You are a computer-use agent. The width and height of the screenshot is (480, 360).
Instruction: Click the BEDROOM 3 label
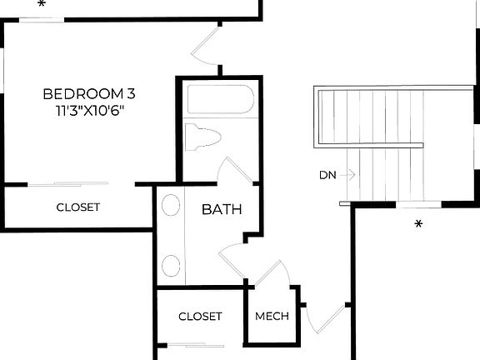88,93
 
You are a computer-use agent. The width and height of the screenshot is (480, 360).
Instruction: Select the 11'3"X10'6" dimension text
88,109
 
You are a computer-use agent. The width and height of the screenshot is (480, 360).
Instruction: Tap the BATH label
222,209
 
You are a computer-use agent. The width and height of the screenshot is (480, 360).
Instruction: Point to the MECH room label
272,317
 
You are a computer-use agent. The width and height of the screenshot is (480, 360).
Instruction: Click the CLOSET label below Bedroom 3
78,207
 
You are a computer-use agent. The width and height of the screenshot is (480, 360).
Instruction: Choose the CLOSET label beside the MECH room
201,317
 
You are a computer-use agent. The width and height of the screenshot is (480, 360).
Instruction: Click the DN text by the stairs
327,175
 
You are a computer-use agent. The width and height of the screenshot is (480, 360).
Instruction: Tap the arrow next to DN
349,175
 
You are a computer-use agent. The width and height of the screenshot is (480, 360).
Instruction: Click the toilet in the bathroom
202,137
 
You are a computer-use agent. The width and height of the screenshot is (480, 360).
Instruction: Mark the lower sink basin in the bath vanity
171,266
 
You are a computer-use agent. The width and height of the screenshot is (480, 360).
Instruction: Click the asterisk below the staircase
419,224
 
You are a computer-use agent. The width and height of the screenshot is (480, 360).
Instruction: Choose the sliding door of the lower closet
195,345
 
